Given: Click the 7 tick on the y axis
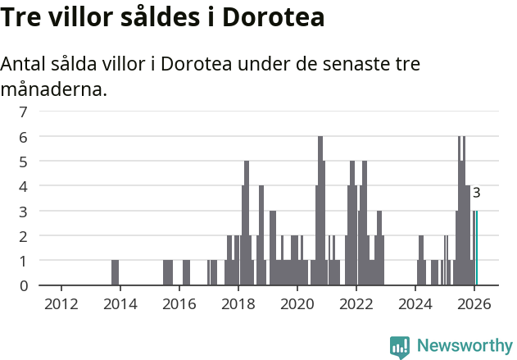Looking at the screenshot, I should [24, 111].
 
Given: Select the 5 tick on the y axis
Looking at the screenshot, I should [24, 161].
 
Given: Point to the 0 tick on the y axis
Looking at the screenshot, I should [24, 285].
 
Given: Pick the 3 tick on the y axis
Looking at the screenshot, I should [24, 211].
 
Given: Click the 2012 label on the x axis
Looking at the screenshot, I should [61, 304].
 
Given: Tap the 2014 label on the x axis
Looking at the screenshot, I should [120, 304].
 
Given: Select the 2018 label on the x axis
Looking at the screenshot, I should [238, 304].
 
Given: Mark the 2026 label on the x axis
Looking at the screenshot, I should [474, 304].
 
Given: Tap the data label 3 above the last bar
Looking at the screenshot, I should [476, 194].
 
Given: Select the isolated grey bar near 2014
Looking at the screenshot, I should [116, 272].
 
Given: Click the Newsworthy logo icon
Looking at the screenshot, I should [400, 346].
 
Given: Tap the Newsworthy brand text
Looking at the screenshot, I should [464, 346].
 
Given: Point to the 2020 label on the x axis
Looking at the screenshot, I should [297, 304].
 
